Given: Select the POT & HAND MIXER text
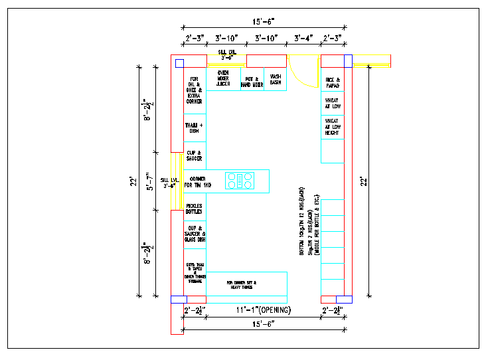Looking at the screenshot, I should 252,82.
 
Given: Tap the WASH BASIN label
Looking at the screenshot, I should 275,79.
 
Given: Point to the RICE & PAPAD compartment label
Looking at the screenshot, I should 333,82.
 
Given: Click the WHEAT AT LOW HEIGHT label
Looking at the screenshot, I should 332,126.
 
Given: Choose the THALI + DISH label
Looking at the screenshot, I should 194,128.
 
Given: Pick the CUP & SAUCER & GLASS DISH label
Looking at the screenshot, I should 195,234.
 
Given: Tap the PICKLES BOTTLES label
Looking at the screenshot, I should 194,209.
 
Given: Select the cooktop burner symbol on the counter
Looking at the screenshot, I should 240,181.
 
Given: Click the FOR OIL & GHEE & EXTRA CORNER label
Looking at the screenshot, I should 195,90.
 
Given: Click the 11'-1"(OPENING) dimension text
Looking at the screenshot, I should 264,310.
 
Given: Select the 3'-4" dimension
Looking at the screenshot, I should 303,39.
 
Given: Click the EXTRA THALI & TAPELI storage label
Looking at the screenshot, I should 195,272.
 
